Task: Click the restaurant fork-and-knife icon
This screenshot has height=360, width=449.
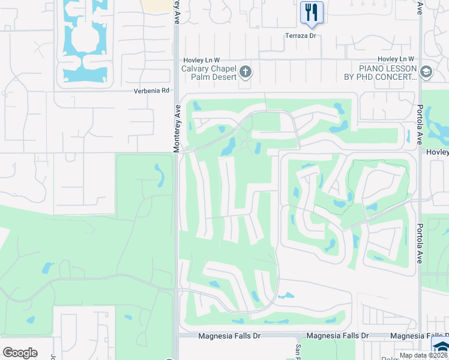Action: pos(311,11)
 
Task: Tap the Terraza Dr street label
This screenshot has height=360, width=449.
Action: pos(300,36)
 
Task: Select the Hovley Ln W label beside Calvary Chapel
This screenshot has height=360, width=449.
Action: pos(202,59)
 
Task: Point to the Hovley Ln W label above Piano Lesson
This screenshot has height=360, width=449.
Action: pos(396,59)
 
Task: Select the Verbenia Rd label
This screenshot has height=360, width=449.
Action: pos(151,91)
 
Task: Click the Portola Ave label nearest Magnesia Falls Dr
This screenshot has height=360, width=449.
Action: pos(420,244)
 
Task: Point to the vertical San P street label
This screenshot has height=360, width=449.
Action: pos(297,350)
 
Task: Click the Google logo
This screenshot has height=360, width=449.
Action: pos(20,352)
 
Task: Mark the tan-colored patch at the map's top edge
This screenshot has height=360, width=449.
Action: pos(157,4)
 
